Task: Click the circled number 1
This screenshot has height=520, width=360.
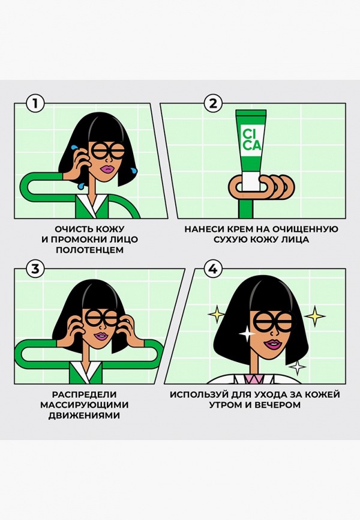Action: pyautogui.click(x=35, y=104)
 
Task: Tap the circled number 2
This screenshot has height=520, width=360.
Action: pyautogui.click(x=212, y=104)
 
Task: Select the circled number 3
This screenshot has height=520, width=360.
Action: pyautogui.click(x=35, y=269)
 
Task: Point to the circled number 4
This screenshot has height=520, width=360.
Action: pyautogui.click(x=212, y=269)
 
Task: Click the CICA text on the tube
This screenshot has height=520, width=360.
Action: pyautogui.click(x=251, y=140)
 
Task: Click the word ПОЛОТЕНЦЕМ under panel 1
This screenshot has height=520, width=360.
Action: pyautogui.click(x=89, y=250)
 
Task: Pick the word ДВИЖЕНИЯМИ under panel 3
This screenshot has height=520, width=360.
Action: pyautogui.click(x=84, y=415)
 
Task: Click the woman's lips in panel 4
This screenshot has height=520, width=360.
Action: pyautogui.click(x=273, y=344)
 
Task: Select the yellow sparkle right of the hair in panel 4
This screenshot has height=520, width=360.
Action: pyautogui.click(x=314, y=315)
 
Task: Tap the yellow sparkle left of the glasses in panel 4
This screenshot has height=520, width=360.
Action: pyautogui.click(x=216, y=313)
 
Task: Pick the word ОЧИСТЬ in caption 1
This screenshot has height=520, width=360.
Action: pyautogui.click(x=71, y=229)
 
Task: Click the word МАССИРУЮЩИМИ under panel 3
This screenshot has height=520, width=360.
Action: pyautogui.click(x=84, y=405)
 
